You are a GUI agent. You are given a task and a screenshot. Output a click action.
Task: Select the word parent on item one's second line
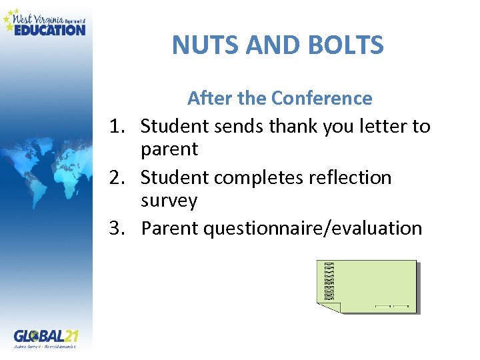coord(169,150)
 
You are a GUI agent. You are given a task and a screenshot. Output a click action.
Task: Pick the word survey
coord(169,201)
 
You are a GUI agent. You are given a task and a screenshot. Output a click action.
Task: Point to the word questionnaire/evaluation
coord(313,229)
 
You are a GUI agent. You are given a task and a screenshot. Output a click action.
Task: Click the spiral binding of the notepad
coord(328,282)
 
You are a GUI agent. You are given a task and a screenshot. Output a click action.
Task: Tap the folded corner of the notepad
coord(332,307)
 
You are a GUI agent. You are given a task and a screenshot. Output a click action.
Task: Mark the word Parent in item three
coord(169,229)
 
